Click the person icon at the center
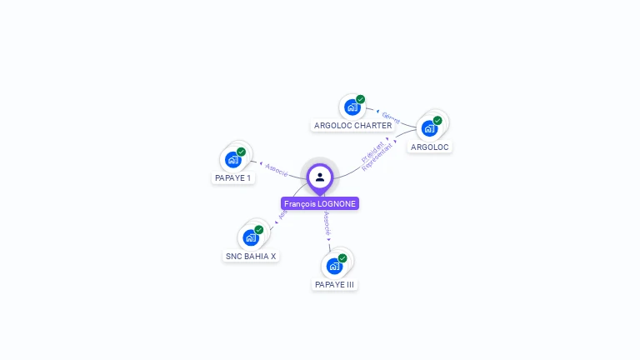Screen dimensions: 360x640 click(x=320, y=177)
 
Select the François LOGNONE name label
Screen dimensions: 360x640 click(x=320, y=203)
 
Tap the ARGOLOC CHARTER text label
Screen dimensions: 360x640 click(x=352, y=126)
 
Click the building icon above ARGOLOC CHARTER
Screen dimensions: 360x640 click(x=352, y=107)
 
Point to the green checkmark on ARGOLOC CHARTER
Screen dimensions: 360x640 click(x=360, y=99)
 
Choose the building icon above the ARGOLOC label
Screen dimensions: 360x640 click(x=429, y=128)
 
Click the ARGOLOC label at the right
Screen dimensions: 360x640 click(x=430, y=147)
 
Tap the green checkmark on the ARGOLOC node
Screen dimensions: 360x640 click(x=437, y=120)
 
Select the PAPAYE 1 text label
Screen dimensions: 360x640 click(x=232, y=178)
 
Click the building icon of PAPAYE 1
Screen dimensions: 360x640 click(x=233, y=159)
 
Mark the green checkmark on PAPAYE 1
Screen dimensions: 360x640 click(x=241, y=152)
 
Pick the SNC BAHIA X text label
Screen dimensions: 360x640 click(x=251, y=257)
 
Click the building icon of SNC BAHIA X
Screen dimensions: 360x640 click(x=251, y=237)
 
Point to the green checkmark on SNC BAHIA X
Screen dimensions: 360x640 click(x=258, y=229)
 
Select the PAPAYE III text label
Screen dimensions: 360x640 click(x=334, y=285)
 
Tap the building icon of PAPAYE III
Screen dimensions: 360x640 click(x=334, y=266)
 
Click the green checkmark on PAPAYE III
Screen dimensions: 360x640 click(x=342, y=258)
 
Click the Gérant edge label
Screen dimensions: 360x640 click(x=391, y=118)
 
